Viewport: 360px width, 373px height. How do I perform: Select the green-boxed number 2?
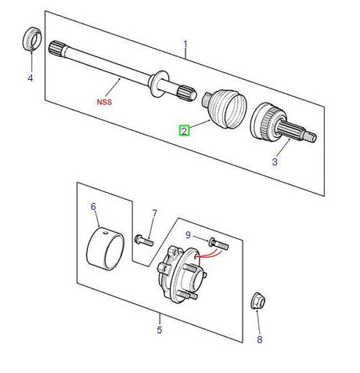click(x=184, y=131)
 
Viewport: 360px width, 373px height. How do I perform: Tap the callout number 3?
click(x=275, y=162)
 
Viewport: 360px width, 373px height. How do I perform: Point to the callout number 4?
click(x=31, y=78)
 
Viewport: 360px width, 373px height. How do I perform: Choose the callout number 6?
click(x=93, y=207)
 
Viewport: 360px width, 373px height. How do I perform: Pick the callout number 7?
click(x=154, y=213)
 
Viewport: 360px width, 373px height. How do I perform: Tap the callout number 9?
click(x=188, y=234)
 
